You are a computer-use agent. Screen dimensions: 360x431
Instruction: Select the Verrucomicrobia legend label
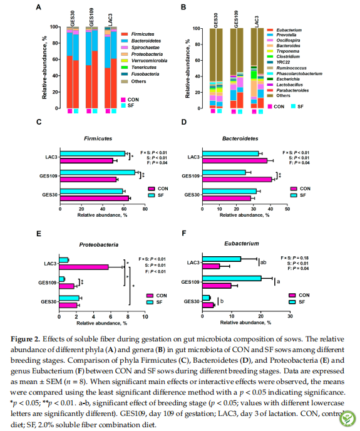(149, 61)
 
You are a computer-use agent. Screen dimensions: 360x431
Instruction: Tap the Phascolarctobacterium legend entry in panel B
(295, 74)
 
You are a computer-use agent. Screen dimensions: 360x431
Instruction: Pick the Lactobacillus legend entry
(285, 85)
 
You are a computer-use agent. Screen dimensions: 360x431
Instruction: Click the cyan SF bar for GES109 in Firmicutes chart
(98, 172)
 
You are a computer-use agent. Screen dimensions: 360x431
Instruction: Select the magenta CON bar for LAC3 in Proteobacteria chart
(84, 267)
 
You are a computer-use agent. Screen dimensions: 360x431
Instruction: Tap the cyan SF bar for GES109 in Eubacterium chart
(232, 278)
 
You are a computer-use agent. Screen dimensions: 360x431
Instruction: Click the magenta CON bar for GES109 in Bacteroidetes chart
(237, 180)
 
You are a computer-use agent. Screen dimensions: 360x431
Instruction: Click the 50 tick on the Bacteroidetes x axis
(287, 209)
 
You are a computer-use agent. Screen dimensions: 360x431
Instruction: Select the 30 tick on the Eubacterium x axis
(291, 316)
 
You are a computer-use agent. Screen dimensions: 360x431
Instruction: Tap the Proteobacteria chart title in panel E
(99, 245)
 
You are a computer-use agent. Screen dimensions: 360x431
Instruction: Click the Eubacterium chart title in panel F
(242, 244)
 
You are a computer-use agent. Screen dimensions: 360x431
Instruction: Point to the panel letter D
(184, 122)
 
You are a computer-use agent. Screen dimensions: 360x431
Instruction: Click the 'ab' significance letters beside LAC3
(263, 262)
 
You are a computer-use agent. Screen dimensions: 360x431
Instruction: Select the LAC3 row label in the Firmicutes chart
(51, 157)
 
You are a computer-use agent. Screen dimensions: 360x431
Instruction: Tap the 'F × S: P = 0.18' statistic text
(295, 258)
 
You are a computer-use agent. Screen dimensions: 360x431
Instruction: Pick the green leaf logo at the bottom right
(348, 419)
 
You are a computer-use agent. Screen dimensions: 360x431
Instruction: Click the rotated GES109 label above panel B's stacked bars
(236, 19)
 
